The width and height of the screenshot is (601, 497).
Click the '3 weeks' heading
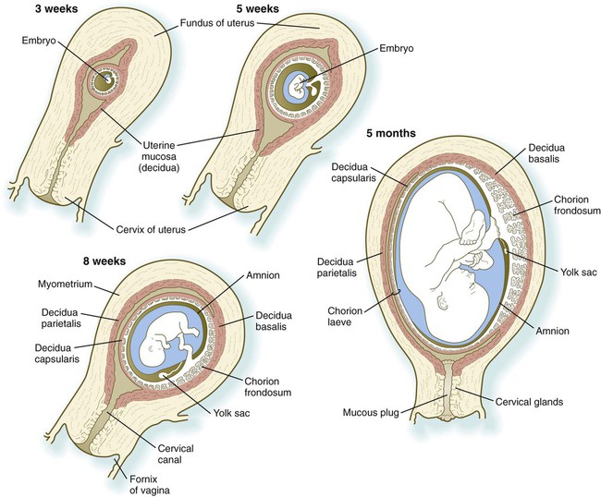[31, 11]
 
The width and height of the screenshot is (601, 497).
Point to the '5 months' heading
[391, 133]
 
